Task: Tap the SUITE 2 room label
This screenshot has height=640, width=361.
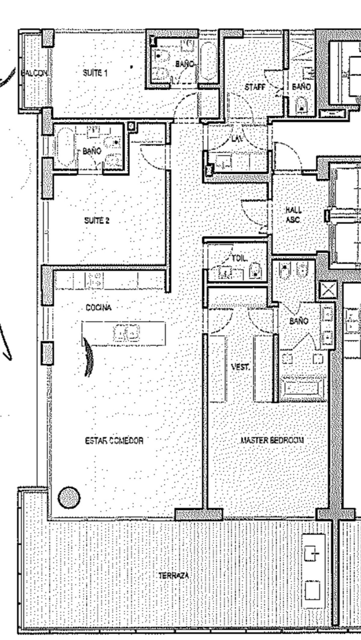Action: pos(97,221)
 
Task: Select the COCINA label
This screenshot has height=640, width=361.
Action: pos(99,308)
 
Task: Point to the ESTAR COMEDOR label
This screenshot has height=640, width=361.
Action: pos(114,441)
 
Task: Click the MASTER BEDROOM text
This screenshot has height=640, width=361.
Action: pos(272,440)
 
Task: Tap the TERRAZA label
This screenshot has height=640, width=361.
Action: pos(174,559)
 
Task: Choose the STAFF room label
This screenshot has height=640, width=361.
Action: pos(255,87)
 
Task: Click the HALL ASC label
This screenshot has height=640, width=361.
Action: pos(293,215)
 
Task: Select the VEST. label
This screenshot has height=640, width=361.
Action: pos(240,367)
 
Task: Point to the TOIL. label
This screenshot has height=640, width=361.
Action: pos(240,258)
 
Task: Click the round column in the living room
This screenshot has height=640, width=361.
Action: pos(69,498)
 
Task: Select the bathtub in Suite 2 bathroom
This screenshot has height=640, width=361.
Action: pos(64,147)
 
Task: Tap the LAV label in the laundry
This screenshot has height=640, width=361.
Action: pos(237,139)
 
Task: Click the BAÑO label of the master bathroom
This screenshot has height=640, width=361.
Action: pos(299,321)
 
